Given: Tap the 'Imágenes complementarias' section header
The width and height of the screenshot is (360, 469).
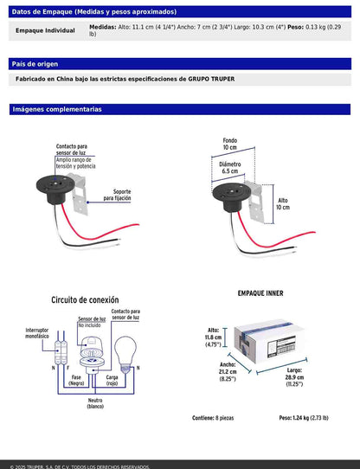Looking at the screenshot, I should (56, 110).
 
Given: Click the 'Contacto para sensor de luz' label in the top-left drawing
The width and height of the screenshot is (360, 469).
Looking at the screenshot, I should (71, 150).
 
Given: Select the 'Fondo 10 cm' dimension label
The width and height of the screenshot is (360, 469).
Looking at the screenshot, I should (228, 144).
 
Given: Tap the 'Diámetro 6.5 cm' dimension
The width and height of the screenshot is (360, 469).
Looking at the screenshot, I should (229, 167).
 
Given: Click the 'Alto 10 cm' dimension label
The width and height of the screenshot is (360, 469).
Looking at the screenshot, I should (283, 204).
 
